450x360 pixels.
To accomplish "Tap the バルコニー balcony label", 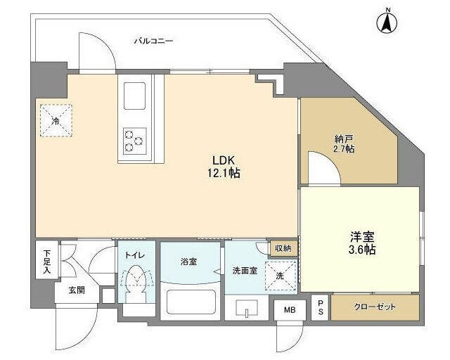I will [x=153, y=41].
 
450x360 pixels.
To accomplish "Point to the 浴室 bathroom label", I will [x=189, y=262].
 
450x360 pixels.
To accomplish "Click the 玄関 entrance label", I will [x=77, y=289].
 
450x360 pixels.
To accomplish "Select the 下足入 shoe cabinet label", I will [x=46, y=259].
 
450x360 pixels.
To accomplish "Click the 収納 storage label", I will [x=283, y=248].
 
